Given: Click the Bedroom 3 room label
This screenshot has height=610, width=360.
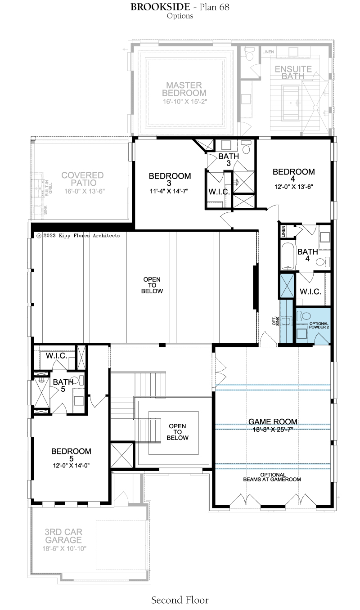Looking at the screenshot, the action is (170, 179).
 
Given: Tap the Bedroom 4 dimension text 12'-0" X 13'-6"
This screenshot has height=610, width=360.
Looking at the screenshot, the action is (293, 187).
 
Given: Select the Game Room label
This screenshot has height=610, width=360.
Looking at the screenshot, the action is (273, 422).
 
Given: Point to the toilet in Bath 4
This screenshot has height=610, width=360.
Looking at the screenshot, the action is (322, 262).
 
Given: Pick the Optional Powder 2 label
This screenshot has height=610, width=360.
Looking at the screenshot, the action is (319, 325).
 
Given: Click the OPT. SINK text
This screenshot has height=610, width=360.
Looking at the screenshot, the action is (275, 321).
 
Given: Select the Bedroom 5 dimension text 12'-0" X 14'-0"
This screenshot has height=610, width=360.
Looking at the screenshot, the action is (72, 466).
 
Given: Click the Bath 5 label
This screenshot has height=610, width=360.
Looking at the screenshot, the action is (63, 386).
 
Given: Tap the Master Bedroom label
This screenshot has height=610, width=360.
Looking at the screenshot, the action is (184, 89).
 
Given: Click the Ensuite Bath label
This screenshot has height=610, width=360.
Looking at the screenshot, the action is (293, 73).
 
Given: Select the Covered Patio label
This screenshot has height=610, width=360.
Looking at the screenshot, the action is (82, 179).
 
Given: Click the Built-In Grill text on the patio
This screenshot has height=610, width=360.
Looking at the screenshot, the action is (49, 188).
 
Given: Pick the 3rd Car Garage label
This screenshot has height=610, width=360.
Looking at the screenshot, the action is (63, 536).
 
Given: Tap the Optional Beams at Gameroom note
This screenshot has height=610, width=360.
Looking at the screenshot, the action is (272, 477).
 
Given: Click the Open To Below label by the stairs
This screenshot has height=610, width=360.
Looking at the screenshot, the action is (178, 432).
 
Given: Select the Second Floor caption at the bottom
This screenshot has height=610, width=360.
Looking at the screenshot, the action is (180, 600).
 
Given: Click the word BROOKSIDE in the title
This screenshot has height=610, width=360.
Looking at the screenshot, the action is (160, 7).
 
